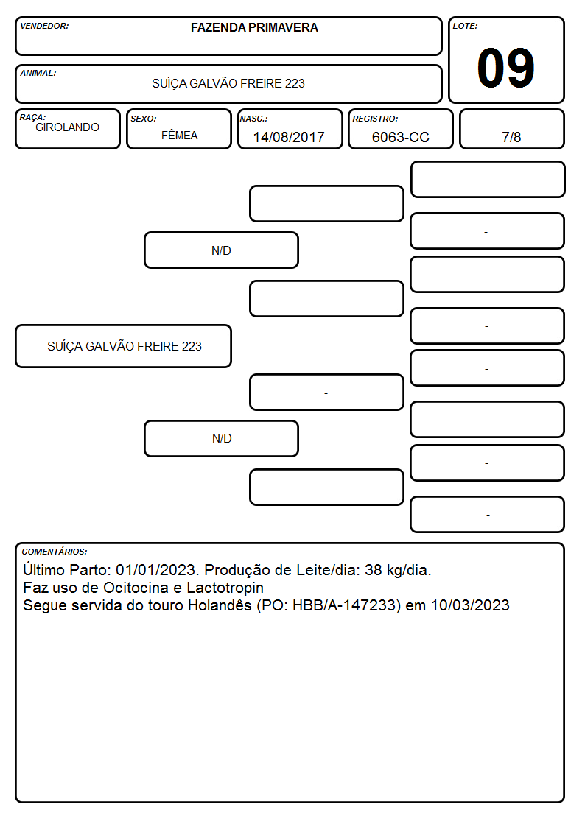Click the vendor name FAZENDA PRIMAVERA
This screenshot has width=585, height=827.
click(254, 27)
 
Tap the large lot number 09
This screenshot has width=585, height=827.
click(506, 68)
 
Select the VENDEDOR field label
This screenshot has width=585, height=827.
click(44, 26)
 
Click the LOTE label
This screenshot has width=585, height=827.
click(465, 26)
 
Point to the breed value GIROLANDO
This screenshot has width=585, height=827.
click(68, 127)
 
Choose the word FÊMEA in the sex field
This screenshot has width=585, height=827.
click(179, 135)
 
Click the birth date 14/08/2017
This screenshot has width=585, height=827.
click(289, 137)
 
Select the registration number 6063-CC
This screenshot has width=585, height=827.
click(400, 137)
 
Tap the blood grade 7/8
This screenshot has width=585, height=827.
click(511, 137)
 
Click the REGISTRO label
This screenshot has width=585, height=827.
click(375, 119)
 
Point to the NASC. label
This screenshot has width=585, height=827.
click(253, 119)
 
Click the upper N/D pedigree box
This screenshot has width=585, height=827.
click(222, 250)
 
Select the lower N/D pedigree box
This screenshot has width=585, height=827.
click(222, 438)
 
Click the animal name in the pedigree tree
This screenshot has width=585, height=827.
click(125, 346)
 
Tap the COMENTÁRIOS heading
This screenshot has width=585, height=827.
click(55, 552)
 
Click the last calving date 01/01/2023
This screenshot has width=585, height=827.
click(156, 570)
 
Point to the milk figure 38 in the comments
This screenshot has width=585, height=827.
click(374, 570)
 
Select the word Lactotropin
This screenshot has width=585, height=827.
click(225, 588)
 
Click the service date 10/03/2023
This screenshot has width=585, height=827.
click(471, 605)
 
